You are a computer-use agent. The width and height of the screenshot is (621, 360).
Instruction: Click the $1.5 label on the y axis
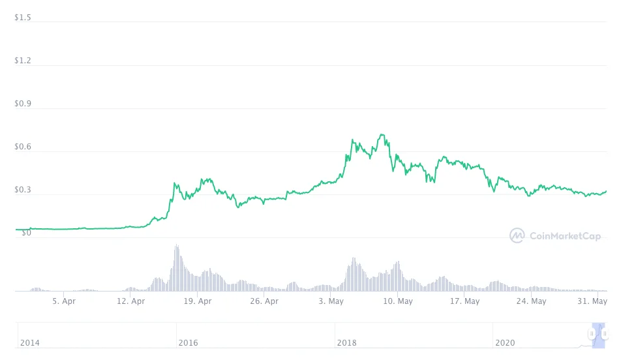click(23, 18)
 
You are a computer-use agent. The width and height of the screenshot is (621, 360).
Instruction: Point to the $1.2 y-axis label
click(23, 61)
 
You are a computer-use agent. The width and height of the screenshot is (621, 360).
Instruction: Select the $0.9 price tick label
click(23, 104)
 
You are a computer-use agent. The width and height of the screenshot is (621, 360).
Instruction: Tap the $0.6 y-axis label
click(23, 147)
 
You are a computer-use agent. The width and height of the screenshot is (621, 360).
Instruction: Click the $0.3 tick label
click(23, 190)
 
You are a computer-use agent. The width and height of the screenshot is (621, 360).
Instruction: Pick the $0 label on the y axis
click(27, 233)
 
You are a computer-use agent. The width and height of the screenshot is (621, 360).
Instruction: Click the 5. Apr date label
click(64, 301)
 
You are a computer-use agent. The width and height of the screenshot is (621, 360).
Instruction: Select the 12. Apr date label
click(130, 301)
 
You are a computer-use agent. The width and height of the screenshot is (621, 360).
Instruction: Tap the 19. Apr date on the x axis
click(198, 301)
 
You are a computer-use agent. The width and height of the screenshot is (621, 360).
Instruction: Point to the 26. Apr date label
click(264, 301)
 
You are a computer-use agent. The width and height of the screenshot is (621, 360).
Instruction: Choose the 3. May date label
click(331, 301)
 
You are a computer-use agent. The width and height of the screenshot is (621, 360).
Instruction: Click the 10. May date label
click(398, 301)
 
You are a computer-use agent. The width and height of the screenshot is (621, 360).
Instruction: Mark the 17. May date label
click(464, 301)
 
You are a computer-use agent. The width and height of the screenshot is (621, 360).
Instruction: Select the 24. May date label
click(531, 301)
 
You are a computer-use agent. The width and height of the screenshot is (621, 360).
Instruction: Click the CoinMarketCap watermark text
click(565, 236)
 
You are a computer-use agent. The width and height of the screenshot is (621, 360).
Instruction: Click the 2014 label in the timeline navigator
click(30, 343)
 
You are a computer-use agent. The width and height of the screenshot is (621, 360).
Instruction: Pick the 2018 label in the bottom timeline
click(347, 343)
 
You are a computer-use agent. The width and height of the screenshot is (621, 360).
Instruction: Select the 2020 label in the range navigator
click(506, 343)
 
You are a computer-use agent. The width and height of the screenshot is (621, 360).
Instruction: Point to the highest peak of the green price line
click(382, 135)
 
